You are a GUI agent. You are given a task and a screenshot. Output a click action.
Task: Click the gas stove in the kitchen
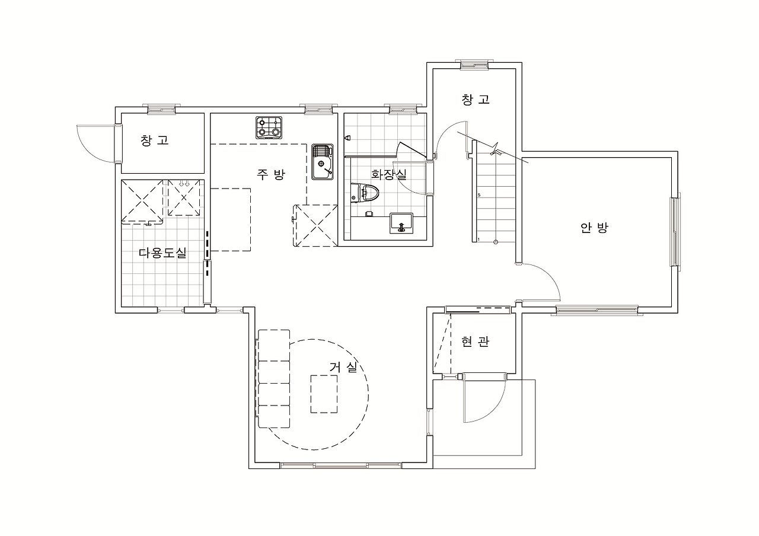(269, 127)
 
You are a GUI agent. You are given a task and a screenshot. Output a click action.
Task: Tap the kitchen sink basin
(323, 162)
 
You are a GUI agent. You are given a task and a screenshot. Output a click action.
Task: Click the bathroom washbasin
(401, 224)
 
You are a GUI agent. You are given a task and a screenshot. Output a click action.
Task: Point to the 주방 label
(271, 174)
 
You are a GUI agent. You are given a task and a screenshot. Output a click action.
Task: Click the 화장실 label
(388, 174)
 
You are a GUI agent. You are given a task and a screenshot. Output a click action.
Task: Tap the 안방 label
(594, 228)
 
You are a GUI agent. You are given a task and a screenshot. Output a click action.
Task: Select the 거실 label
(343, 367)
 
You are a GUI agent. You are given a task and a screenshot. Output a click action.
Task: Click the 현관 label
(475, 342)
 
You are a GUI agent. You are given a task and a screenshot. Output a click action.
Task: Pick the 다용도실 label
(162, 253)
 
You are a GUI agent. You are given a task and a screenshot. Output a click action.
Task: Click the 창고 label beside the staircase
(476, 100)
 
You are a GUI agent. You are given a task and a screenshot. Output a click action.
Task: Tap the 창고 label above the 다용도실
(155, 141)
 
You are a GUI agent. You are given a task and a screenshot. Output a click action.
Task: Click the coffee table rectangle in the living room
(324, 394)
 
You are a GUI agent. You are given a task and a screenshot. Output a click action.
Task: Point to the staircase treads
(495, 192)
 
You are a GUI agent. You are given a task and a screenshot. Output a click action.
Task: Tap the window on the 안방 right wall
(675, 232)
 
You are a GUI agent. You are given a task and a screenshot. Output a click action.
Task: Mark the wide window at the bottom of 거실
(341, 465)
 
